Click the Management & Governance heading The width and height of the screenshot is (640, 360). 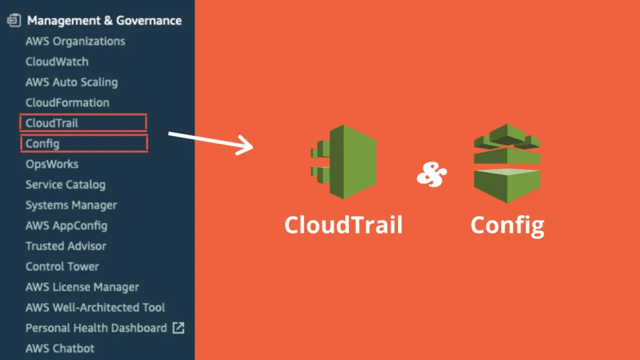[x=104, y=21]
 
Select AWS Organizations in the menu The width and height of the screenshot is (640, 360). [x=75, y=41]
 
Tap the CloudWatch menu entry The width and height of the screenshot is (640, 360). [x=57, y=62]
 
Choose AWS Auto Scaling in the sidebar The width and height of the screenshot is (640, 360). [x=71, y=82]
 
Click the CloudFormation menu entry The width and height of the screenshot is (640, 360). [x=67, y=102]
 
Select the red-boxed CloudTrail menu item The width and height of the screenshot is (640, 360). [x=52, y=123]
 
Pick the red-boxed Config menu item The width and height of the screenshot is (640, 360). [x=42, y=144]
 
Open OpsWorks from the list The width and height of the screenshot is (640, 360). [x=52, y=164]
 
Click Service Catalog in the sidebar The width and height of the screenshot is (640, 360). [x=65, y=184]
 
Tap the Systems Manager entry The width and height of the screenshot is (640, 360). [x=71, y=205]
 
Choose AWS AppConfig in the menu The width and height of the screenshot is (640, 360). [x=66, y=226]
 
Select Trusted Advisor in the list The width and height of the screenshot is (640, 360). [x=66, y=246]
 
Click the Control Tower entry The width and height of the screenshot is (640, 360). [x=62, y=266]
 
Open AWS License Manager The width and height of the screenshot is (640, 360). [x=82, y=287]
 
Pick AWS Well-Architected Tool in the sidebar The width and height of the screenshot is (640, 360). [x=95, y=307]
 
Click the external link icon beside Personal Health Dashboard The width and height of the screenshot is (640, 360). [x=178, y=327]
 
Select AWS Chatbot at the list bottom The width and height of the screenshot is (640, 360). [x=59, y=348]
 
